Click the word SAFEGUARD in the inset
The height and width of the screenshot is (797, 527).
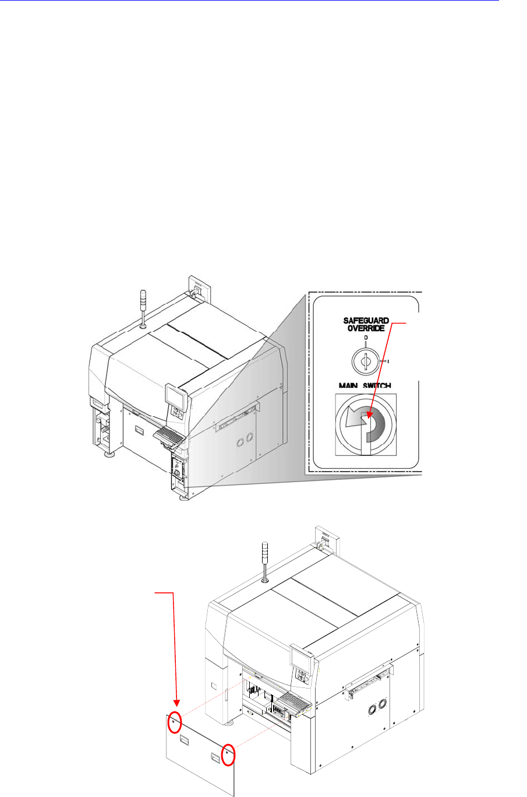[366, 321]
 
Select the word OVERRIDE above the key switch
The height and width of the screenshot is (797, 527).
[366, 328]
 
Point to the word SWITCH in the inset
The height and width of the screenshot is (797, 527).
[379, 385]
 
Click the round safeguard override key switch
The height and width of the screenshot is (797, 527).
[366, 362]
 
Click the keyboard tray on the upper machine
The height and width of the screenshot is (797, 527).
[170, 434]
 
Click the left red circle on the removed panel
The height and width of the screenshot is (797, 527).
[174, 724]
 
